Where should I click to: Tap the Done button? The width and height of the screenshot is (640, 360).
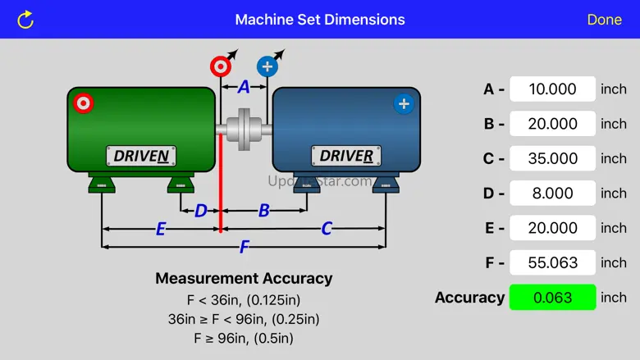(604, 19)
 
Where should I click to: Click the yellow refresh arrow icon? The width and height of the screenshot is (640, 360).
(25, 19)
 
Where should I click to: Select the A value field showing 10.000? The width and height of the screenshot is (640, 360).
(552, 89)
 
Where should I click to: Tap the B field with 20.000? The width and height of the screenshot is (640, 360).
(552, 124)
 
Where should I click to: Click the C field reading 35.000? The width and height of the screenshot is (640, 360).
(552, 158)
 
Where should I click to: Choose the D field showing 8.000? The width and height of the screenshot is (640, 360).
(552, 194)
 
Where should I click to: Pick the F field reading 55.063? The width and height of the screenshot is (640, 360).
(552, 262)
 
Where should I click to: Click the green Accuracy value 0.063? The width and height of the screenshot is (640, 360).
(552, 298)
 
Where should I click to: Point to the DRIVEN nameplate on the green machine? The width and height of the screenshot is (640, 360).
(141, 156)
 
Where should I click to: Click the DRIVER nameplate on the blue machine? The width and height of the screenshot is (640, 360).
(346, 156)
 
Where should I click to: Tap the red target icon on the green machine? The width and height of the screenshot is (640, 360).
(83, 103)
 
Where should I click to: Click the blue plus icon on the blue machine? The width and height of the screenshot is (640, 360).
(403, 103)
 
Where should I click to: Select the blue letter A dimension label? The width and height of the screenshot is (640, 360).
(244, 86)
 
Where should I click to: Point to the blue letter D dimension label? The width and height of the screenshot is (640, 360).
(201, 211)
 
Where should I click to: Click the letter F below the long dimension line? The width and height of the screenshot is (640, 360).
(244, 247)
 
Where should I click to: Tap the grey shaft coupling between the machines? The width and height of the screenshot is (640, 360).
(245, 129)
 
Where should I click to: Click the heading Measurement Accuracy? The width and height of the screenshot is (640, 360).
(244, 278)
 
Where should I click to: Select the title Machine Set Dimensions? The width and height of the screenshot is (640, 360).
(320, 19)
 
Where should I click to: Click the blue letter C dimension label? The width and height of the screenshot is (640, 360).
(326, 229)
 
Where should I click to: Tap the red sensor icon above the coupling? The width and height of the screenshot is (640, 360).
(220, 66)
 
